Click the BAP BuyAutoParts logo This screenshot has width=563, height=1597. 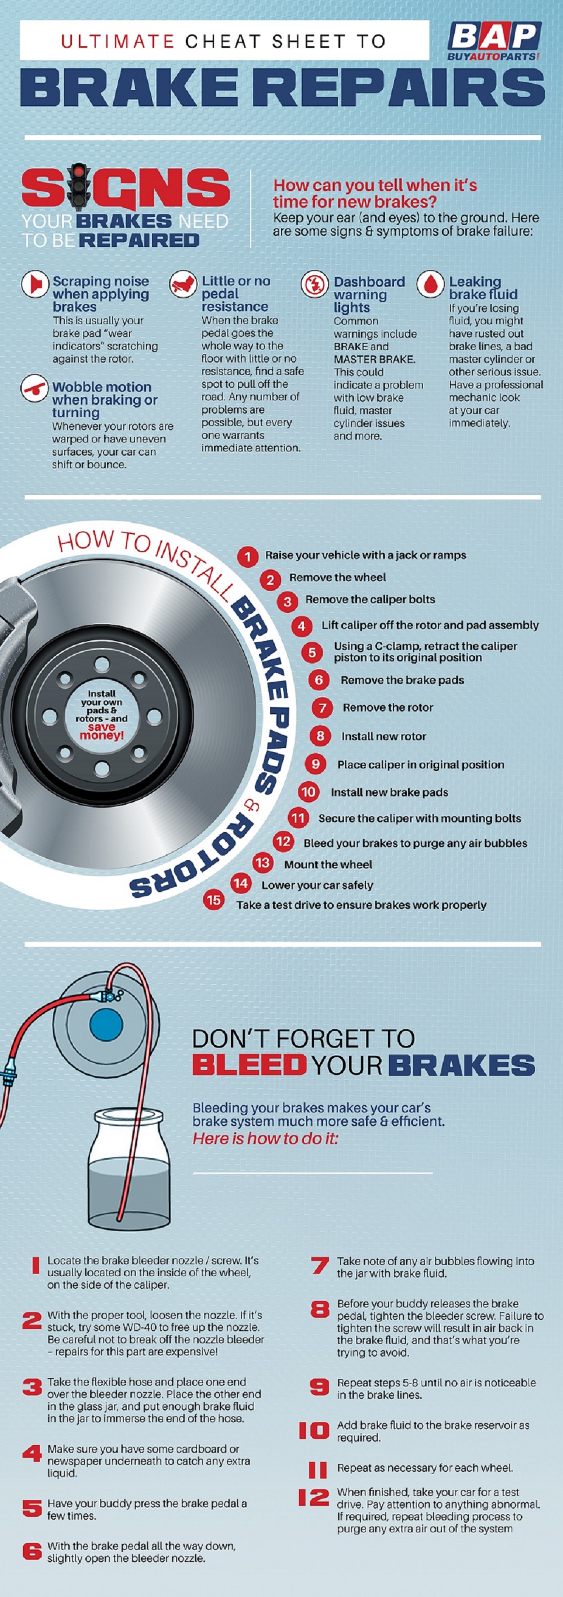494,41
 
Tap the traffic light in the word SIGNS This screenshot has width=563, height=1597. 78,185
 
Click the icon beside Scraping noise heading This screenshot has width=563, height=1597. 35,284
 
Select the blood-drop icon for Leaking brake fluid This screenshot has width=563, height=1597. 430,284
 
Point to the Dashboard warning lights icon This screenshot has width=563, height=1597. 314,284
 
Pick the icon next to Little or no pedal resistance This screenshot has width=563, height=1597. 183,284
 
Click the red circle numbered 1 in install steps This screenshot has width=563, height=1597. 247,556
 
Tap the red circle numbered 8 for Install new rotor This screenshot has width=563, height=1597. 320,736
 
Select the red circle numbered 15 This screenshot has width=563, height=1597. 213,899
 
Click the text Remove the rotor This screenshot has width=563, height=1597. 387,708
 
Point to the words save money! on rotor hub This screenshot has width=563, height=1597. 102,731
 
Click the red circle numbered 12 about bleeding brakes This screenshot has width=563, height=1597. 283,841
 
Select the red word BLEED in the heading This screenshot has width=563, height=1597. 249,1065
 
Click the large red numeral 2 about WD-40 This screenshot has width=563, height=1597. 31,1321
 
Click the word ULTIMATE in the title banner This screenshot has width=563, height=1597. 118,42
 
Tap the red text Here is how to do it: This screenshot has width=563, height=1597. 265,1138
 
